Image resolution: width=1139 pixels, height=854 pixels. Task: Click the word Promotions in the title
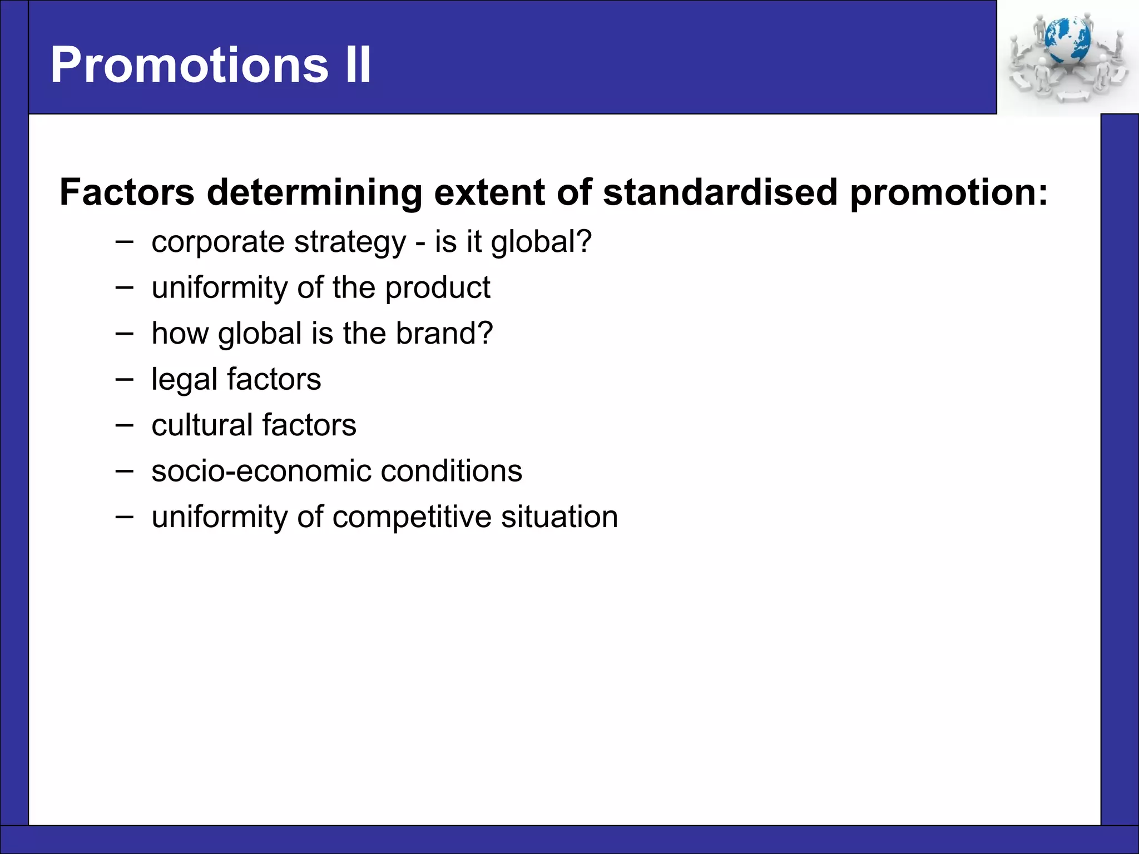[x=189, y=65]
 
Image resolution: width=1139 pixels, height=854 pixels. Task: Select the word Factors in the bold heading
[x=127, y=192]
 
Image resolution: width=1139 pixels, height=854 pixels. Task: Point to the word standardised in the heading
[x=720, y=192]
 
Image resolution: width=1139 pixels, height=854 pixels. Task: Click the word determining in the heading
[x=314, y=192]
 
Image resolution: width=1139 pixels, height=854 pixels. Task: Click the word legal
[x=184, y=380]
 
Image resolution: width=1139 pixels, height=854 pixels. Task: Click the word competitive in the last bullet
[x=412, y=517]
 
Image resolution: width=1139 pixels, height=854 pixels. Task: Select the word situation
[x=559, y=517]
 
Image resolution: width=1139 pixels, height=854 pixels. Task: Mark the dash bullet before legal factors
[x=125, y=379]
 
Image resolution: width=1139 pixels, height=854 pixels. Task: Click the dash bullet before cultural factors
[x=125, y=425]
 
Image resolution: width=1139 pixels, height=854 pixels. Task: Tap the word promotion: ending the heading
[x=949, y=192]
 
